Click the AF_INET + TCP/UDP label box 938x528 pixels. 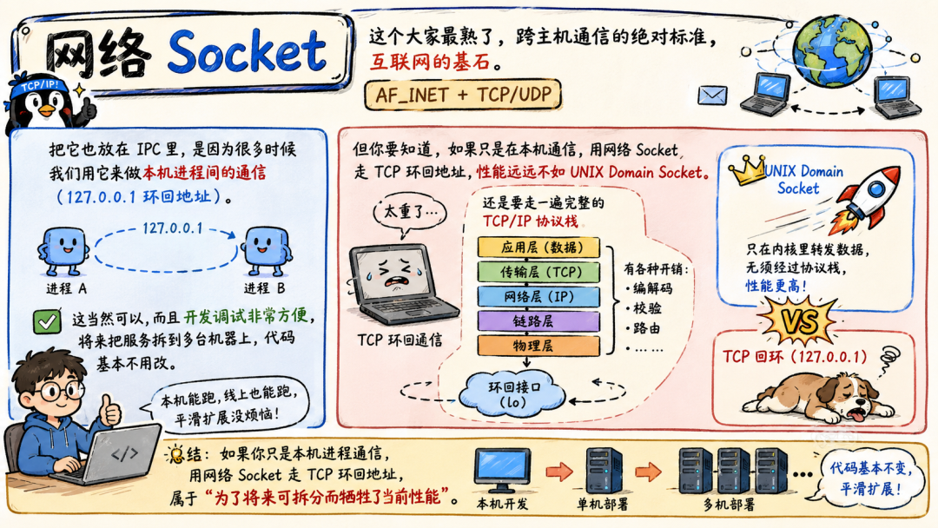tap(463, 95)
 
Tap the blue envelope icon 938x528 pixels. tap(712, 95)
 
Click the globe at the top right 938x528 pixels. tap(832, 51)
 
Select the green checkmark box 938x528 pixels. tap(47, 321)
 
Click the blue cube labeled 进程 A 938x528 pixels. tap(63, 250)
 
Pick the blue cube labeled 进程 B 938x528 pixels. tap(267, 250)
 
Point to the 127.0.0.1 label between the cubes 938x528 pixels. tap(173, 228)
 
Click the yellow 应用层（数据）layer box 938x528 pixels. tap(538, 247)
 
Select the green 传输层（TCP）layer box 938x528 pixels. tap(538, 272)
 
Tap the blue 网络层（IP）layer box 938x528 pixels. tap(538, 297)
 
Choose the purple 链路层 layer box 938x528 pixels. tap(538, 321)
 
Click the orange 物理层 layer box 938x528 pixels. tap(538, 346)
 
